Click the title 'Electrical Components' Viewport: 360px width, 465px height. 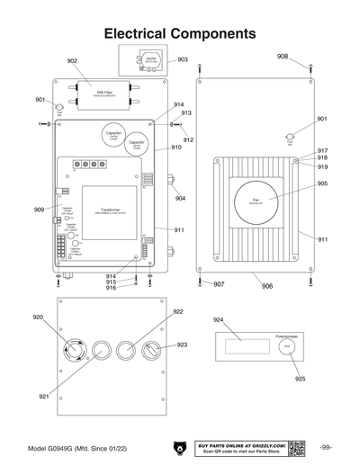180,33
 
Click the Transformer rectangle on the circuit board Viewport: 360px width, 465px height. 111,213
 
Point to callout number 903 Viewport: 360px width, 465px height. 183,60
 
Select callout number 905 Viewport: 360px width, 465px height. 321,184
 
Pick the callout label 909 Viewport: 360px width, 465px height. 39,210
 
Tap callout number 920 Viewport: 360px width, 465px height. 38,317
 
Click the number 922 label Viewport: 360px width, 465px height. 178,311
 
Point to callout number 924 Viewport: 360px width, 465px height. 218,319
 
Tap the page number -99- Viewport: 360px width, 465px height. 326,447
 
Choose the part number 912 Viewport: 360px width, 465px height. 188,140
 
